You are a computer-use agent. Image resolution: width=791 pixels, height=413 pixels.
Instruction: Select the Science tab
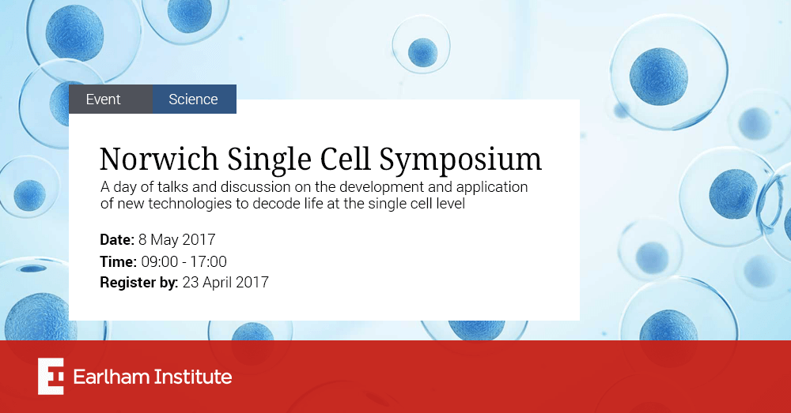[x=195, y=99]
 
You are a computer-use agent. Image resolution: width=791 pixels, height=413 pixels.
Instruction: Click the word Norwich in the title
[x=159, y=160]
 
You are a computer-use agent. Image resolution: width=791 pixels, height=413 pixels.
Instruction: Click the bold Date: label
[x=117, y=240]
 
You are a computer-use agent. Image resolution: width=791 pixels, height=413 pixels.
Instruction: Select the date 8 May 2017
[x=177, y=240]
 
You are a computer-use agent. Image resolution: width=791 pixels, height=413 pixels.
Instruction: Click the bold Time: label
[x=118, y=261]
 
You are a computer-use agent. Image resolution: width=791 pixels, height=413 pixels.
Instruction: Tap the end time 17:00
[x=208, y=261]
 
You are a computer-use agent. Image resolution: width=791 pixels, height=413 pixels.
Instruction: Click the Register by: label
[x=138, y=283]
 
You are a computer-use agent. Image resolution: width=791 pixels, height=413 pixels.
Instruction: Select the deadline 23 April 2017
[x=225, y=283]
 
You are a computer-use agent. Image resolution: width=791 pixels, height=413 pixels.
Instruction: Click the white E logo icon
[x=51, y=376]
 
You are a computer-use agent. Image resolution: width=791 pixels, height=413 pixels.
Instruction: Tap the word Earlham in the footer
[x=111, y=377]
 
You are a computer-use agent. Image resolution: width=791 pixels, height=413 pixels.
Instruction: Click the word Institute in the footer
[x=192, y=377]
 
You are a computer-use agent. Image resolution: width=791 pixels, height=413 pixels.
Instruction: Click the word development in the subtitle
[x=381, y=187]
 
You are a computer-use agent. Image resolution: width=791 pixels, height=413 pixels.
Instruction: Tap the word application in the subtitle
[x=492, y=187]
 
